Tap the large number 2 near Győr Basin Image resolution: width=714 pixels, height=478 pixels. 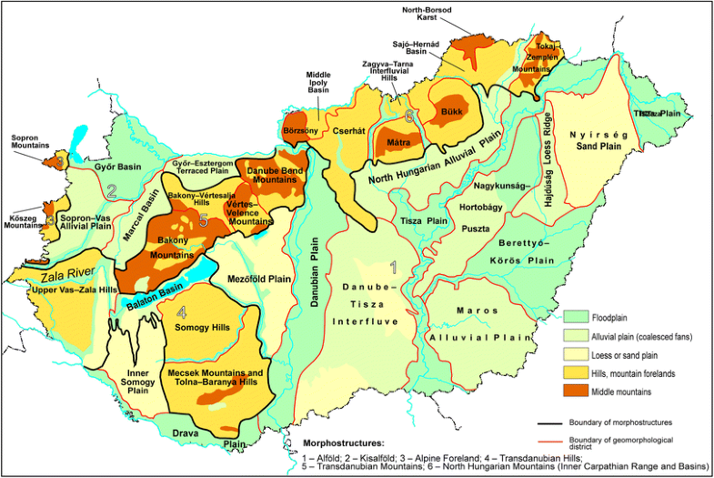point(111,191)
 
